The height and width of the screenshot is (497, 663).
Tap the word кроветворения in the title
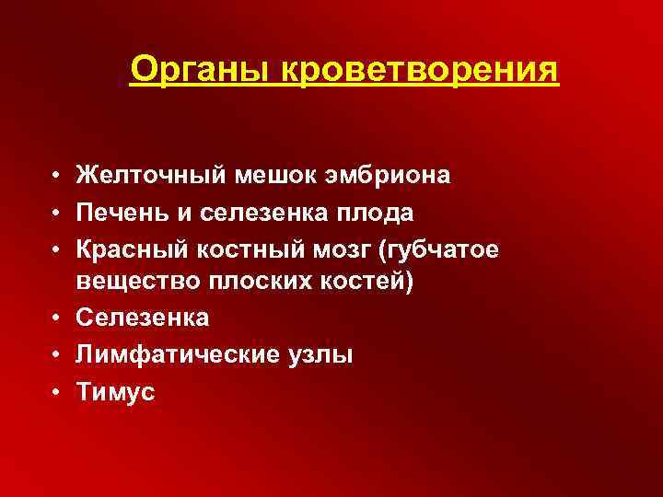pos(425,68)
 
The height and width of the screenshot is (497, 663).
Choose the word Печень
pos(119,212)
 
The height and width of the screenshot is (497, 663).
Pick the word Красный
pos(127,248)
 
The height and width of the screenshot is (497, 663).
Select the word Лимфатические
pos(158,354)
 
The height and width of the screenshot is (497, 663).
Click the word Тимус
pos(115,390)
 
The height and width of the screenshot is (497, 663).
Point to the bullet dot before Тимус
pos(57,391)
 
